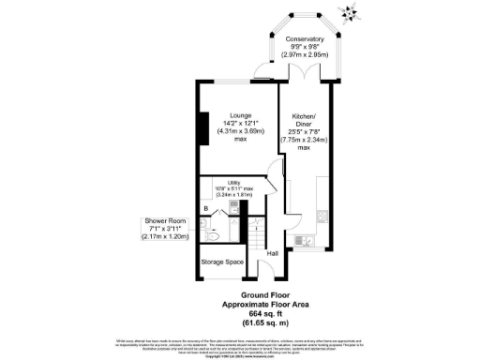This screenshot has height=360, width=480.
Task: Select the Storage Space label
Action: coord(223,262)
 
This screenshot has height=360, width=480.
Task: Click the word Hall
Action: coord(273,253)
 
